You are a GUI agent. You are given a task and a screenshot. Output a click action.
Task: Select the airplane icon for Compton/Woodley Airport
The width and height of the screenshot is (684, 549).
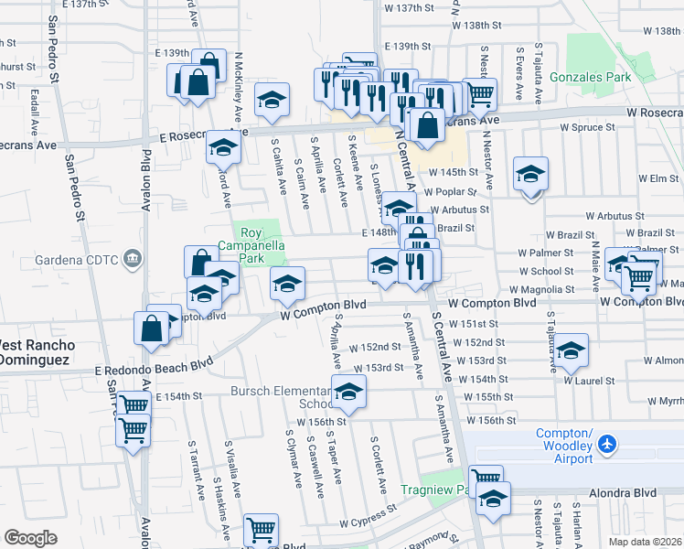[605, 444]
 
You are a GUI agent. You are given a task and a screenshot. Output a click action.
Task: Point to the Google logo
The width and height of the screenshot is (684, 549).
[30, 538]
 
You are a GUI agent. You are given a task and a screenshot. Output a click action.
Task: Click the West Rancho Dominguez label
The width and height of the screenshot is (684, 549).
[35, 352]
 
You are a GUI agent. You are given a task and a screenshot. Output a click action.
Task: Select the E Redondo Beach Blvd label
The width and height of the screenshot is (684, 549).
[154, 369]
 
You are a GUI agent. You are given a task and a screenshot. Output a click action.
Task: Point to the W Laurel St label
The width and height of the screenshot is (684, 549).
[586, 380]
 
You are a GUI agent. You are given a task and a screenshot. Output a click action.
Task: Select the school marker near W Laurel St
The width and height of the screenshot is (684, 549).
[571, 350]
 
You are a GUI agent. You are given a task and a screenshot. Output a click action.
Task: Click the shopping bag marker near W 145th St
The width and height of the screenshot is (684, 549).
[425, 126]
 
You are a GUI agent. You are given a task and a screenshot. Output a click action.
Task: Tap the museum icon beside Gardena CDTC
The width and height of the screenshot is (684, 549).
[134, 260]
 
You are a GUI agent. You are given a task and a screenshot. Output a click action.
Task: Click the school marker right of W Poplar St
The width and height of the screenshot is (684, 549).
[530, 175]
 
